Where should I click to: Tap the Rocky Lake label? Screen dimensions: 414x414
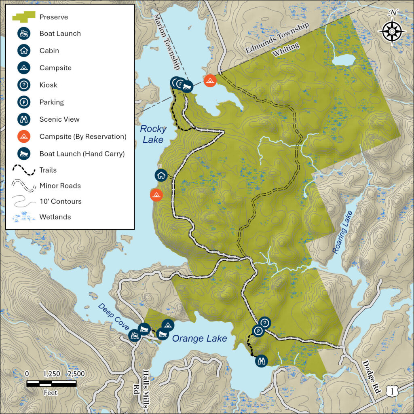153,134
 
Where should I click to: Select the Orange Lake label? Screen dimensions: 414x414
199,338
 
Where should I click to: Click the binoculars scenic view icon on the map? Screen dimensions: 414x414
261,360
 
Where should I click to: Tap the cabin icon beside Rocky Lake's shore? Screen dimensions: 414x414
161,175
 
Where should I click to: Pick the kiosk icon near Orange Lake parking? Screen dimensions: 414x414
265,322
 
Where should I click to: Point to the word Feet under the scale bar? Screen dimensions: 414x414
51,392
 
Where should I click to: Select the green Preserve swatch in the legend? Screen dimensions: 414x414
23,17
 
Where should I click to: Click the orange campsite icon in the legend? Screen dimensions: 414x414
24,136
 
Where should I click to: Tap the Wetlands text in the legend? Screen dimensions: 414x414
55,217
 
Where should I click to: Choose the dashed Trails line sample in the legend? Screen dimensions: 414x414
24,171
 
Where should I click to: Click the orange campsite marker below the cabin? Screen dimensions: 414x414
156,195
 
